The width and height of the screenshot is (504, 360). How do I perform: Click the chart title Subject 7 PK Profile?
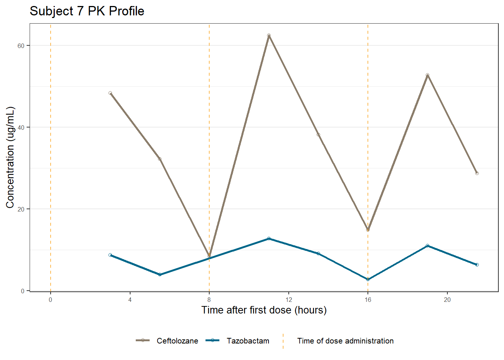click(87, 11)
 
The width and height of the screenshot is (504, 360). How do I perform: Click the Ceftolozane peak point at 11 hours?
click(269, 35)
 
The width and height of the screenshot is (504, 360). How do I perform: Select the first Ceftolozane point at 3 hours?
click(110, 93)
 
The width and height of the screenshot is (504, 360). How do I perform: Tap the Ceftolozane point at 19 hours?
click(427, 75)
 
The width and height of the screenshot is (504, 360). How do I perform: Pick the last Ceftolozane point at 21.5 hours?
click(477, 173)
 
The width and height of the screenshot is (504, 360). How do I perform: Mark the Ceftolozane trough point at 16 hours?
click(368, 229)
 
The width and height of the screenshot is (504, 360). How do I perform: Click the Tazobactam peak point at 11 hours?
click(269, 238)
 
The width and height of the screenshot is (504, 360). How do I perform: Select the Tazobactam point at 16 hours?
click(368, 279)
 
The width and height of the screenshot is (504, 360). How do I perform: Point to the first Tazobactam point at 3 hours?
click(110, 255)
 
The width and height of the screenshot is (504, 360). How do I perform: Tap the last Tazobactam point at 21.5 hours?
click(477, 265)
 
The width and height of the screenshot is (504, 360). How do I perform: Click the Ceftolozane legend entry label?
click(177, 341)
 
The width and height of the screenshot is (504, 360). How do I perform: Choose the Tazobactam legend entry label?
click(248, 341)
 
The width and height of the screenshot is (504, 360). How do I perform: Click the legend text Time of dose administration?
click(345, 341)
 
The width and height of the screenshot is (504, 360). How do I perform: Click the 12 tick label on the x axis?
click(288, 300)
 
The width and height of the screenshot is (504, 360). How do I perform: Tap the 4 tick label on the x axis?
click(130, 300)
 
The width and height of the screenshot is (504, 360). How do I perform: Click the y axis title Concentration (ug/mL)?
click(10, 157)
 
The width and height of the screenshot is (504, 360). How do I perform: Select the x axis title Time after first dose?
click(264, 310)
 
